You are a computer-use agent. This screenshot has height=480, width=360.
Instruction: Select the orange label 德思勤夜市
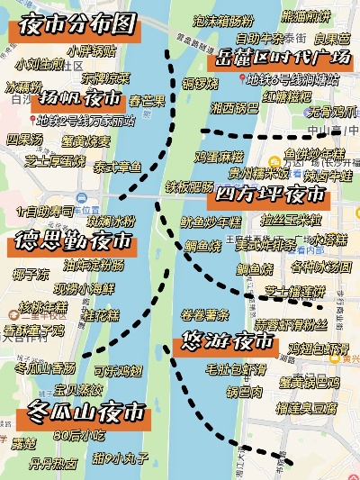point(73,241)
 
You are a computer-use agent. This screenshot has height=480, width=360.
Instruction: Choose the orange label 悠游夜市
point(223,343)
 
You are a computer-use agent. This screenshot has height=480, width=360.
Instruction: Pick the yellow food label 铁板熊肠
point(189,186)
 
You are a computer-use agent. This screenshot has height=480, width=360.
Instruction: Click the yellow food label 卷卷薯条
point(205,313)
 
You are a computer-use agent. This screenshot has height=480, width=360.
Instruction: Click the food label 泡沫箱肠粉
point(223,20)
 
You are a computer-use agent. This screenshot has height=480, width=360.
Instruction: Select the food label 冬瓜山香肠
point(46,368)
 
